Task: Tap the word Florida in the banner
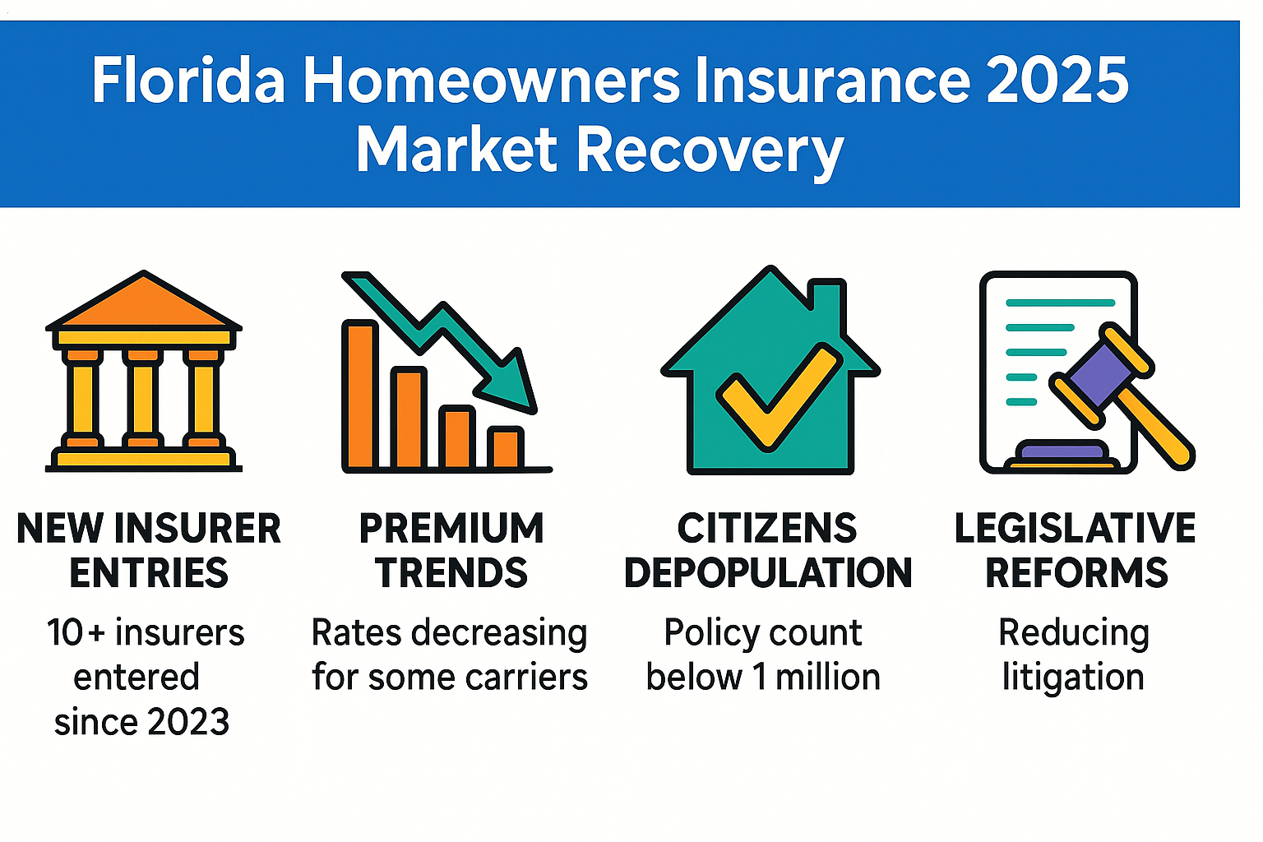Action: (188, 80)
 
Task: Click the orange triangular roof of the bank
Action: (144, 304)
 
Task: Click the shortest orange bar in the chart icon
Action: (505, 448)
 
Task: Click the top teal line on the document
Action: (1060, 303)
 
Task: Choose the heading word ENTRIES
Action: (149, 573)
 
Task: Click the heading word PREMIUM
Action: (451, 529)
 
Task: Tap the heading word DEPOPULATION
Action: (768, 573)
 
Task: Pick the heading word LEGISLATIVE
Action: (1075, 529)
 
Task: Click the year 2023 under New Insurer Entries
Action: (187, 722)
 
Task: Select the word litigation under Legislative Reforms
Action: (1073, 678)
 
